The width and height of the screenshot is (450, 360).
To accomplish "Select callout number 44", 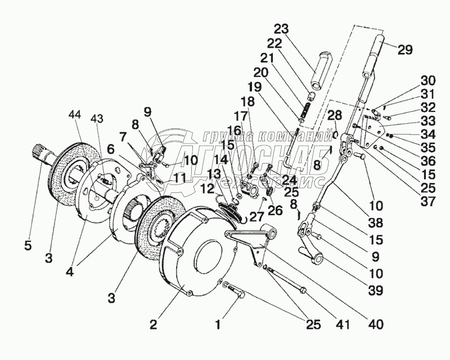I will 74,115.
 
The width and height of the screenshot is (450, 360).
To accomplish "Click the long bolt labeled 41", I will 287,281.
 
